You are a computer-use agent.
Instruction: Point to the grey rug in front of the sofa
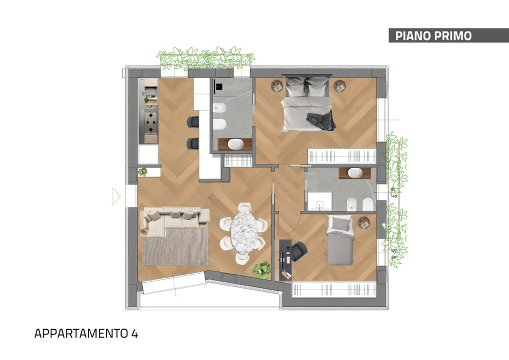click(x=175, y=246)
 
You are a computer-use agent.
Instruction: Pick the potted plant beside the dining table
click(x=261, y=270)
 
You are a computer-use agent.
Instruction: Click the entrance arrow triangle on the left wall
click(x=116, y=196)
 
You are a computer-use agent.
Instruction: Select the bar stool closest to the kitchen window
click(x=193, y=121)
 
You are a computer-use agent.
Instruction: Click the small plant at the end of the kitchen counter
click(x=143, y=172)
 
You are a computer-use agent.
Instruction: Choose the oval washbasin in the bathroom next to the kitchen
click(x=235, y=144)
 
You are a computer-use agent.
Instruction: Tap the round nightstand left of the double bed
click(x=276, y=86)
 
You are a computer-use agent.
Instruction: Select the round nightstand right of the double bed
click(x=340, y=86)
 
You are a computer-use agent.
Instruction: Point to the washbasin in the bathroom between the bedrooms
click(x=355, y=173)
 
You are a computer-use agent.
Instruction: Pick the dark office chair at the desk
click(x=299, y=250)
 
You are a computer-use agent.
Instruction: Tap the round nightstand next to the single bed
click(x=363, y=222)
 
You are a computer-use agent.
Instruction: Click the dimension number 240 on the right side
click(x=393, y=256)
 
